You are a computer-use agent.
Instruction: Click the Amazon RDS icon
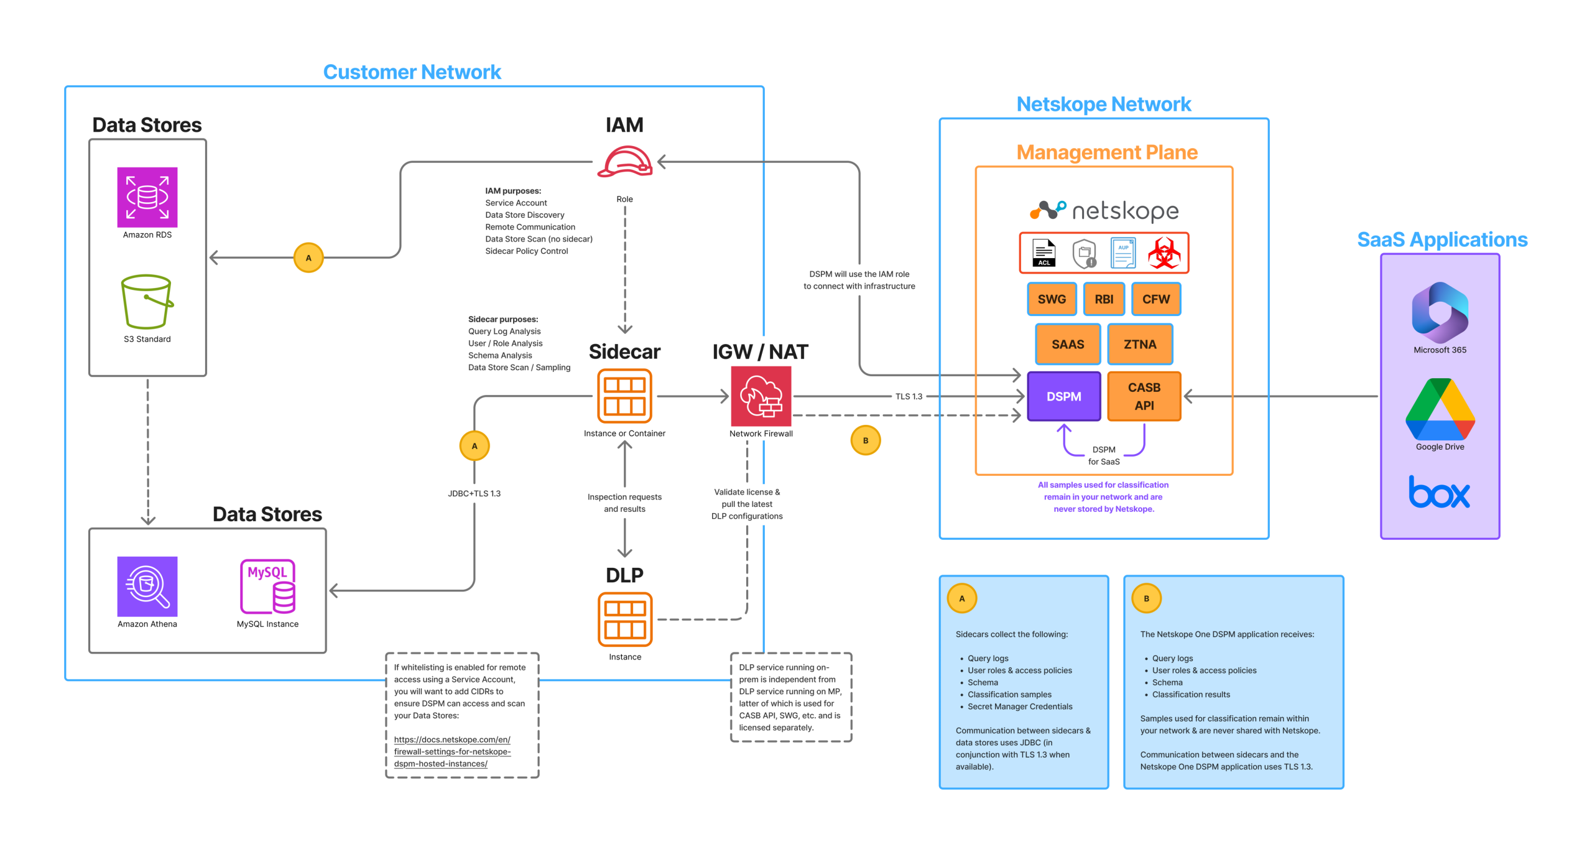click(x=147, y=197)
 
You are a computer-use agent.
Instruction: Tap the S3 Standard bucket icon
click(x=147, y=302)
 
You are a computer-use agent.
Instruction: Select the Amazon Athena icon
click(x=147, y=587)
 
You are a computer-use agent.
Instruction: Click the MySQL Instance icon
click(x=268, y=587)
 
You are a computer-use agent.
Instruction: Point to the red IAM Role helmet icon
click(x=625, y=162)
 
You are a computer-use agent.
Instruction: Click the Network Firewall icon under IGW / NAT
click(x=761, y=396)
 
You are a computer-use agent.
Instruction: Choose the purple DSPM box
click(x=1064, y=396)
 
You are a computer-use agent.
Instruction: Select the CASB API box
click(x=1144, y=396)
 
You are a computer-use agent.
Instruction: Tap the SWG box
click(x=1052, y=299)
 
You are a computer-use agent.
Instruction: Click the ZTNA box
click(x=1140, y=344)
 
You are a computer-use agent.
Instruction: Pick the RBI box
click(x=1104, y=299)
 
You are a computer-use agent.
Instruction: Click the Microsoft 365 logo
click(x=1440, y=312)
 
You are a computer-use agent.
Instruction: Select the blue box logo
click(x=1439, y=492)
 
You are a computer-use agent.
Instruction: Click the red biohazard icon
click(x=1164, y=253)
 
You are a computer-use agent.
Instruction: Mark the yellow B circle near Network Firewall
click(x=866, y=440)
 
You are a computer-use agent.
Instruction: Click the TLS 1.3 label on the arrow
click(x=909, y=396)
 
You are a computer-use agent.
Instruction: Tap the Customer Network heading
click(x=412, y=72)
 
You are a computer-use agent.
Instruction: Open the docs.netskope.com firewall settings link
click(x=452, y=751)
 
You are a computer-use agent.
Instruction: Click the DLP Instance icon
click(x=625, y=620)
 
